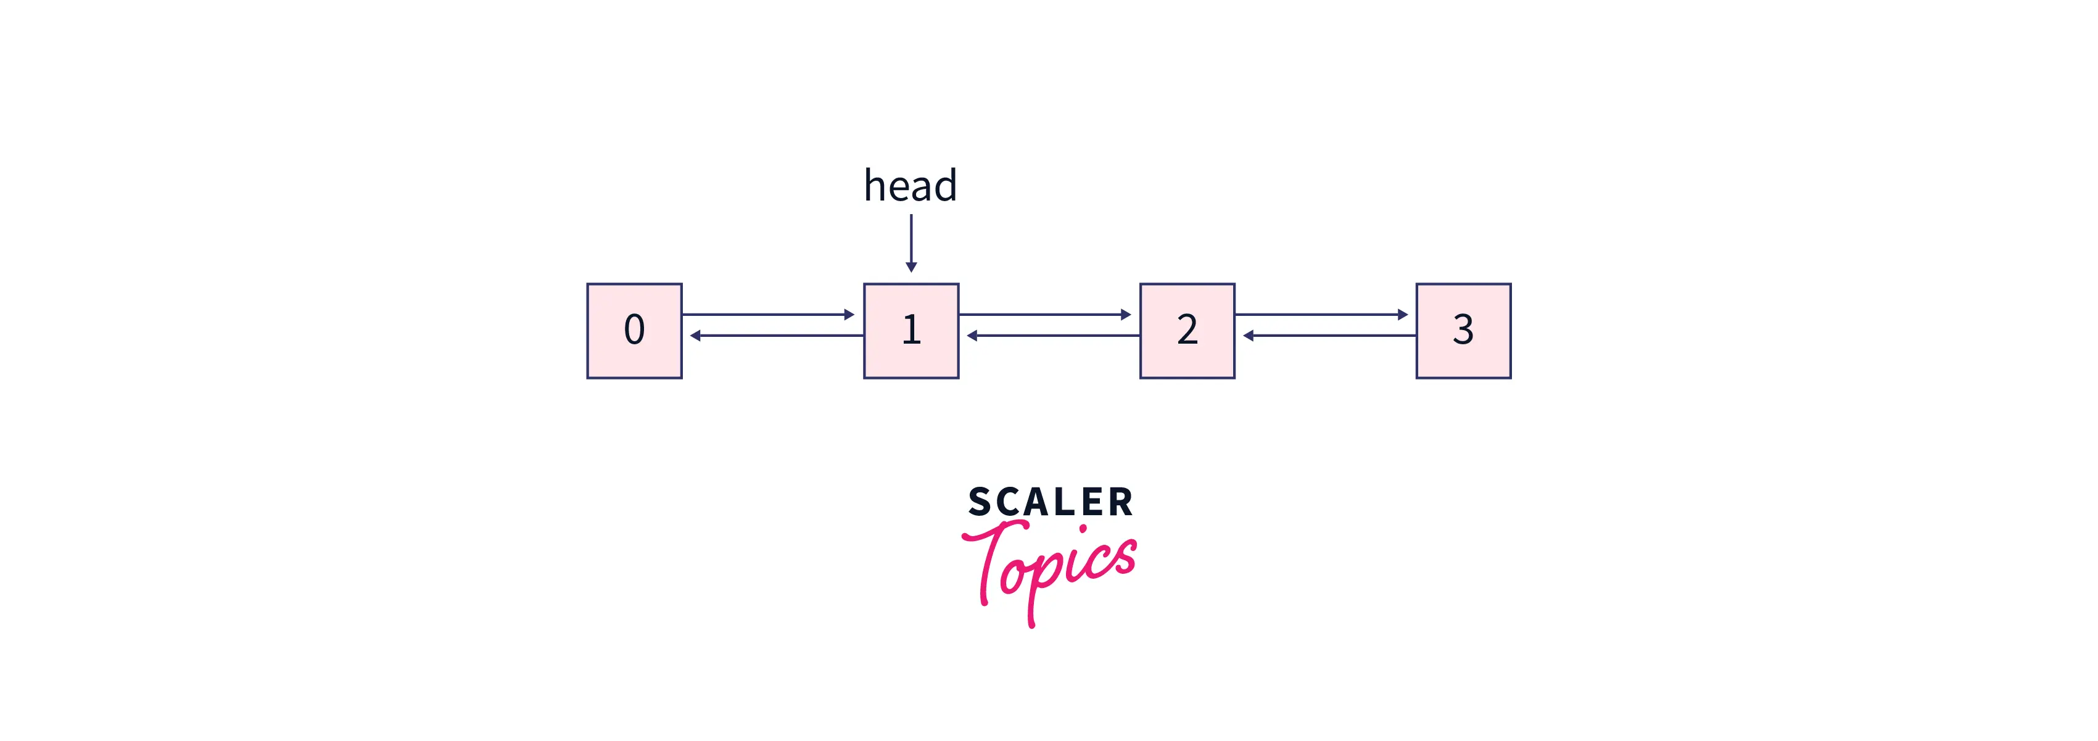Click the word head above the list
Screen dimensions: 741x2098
[x=910, y=186]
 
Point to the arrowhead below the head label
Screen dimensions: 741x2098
[x=911, y=267]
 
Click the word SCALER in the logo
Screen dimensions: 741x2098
[x=1051, y=502]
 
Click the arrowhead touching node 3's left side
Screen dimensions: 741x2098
[x=1402, y=314]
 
